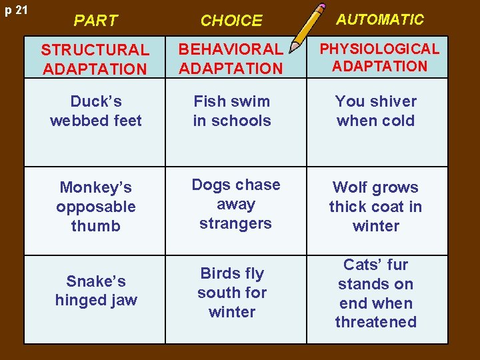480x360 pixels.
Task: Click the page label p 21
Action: point(14,11)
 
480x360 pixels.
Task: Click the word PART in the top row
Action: point(95,21)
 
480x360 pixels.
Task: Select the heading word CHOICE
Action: point(231,21)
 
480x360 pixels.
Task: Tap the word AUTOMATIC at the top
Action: point(379,19)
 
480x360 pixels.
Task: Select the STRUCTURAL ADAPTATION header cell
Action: point(95,59)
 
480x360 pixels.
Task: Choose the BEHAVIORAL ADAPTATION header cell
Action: point(231,59)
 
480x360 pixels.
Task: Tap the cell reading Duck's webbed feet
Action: point(95,111)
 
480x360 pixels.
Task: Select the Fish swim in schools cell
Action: point(232,111)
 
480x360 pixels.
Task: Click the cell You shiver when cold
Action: point(376,111)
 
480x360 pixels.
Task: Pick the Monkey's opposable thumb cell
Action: point(95,207)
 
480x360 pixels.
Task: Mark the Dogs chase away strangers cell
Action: point(235,204)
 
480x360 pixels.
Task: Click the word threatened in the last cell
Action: point(376,322)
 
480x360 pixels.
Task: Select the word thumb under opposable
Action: point(96,226)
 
